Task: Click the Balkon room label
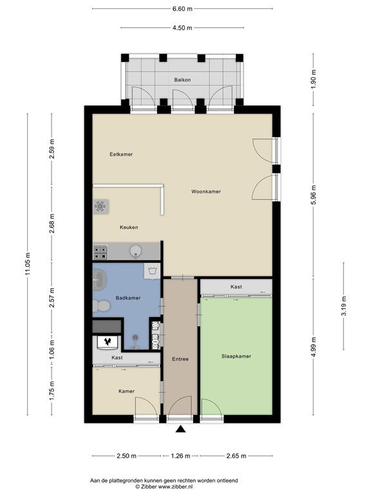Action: [x=182, y=80]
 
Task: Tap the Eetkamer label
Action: [x=121, y=155]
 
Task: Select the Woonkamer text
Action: [x=206, y=191]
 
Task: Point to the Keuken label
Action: [x=129, y=228]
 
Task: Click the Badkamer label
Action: [x=128, y=298]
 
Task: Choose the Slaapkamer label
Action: [x=236, y=356]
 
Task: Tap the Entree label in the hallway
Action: [x=180, y=359]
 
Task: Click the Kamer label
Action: [x=126, y=391]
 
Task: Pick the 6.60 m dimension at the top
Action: [x=182, y=9]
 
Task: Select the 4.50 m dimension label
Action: [x=182, y=28]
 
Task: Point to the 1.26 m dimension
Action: [x=180, y=456]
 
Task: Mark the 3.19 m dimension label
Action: [x=344, y=306]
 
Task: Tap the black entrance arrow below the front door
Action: [x=180, y=429]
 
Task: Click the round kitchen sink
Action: [x=136, y=251]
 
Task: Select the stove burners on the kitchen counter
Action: [x=100, y=252]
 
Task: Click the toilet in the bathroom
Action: [x=101, y=306]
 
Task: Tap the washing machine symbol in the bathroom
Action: [x=152, y=271]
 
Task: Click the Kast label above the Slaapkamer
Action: [x=236, y=287]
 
